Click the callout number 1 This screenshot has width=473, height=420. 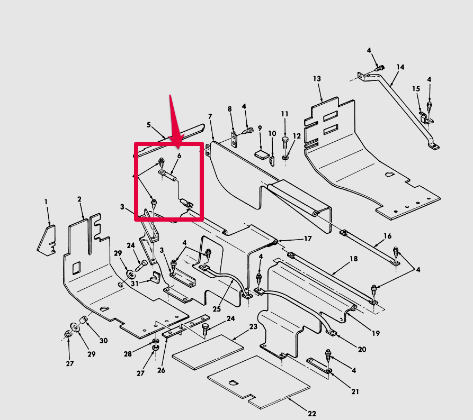(46, 202)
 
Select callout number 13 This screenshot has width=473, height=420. (317, 79)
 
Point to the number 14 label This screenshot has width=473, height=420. (400, 67)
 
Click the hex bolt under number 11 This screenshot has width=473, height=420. (285, 142)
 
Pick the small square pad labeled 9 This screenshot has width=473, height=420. (262, 154)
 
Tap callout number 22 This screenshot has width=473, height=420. (312, 413)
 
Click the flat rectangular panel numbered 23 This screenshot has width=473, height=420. (208, 352)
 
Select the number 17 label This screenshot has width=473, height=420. (308, 239)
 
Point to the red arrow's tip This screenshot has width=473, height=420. (179, 148)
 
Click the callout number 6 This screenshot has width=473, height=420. (179, 156)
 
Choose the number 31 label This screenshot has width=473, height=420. (135, 284)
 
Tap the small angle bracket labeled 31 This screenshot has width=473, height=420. (156, 277)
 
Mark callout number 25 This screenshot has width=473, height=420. (217, 309)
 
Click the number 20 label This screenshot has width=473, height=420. (362, 349)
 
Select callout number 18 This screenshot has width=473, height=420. (353, 259)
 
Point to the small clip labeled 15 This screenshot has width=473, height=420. (426, 117)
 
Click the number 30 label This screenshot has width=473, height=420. (103, 341)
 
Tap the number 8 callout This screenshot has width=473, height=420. (229, 109)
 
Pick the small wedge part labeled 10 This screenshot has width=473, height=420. (272, 161)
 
